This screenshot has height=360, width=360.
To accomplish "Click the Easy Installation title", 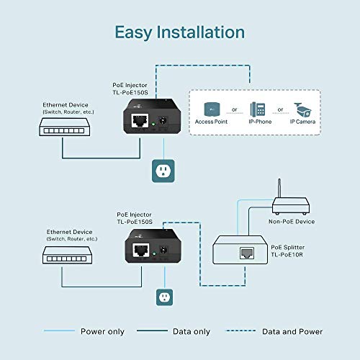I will coord(180,32).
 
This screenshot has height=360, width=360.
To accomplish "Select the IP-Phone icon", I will coord(257,109).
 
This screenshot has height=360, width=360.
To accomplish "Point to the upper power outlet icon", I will coord(164,170).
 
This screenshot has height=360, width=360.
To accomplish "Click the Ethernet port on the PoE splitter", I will coord(248,252).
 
